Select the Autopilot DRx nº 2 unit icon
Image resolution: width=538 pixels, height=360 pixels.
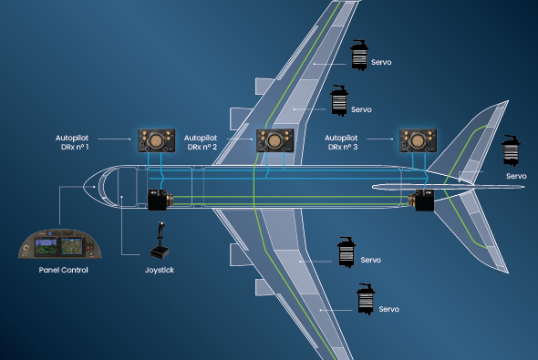273,140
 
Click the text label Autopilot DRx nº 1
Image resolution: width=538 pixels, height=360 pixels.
72,141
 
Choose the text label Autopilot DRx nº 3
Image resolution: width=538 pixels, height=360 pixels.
346,141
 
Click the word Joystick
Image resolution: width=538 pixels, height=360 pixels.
160,271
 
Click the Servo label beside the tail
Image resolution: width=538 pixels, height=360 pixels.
516,176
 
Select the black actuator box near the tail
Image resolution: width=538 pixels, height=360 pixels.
421,200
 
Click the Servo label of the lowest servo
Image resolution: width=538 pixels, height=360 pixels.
389,309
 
